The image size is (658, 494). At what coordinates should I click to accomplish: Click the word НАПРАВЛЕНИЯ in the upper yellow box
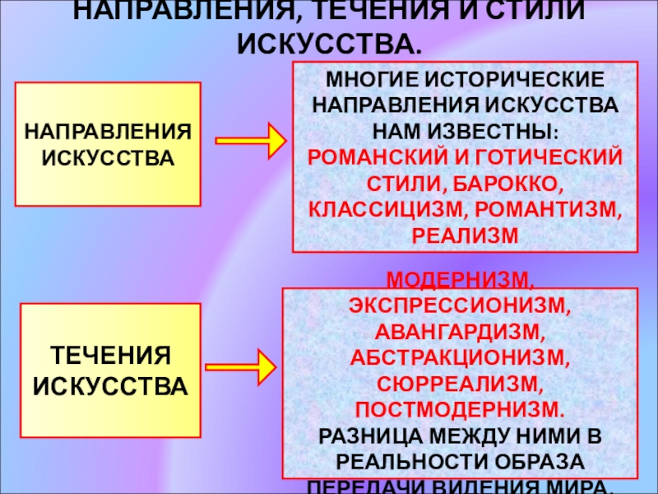(x=110, y=132)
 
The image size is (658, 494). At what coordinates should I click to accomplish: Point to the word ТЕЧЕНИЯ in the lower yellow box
(x=110, y=356)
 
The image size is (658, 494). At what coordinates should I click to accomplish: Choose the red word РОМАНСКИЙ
(x=386, y=157)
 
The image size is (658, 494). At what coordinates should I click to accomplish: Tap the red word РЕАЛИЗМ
(x=465, y=234)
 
